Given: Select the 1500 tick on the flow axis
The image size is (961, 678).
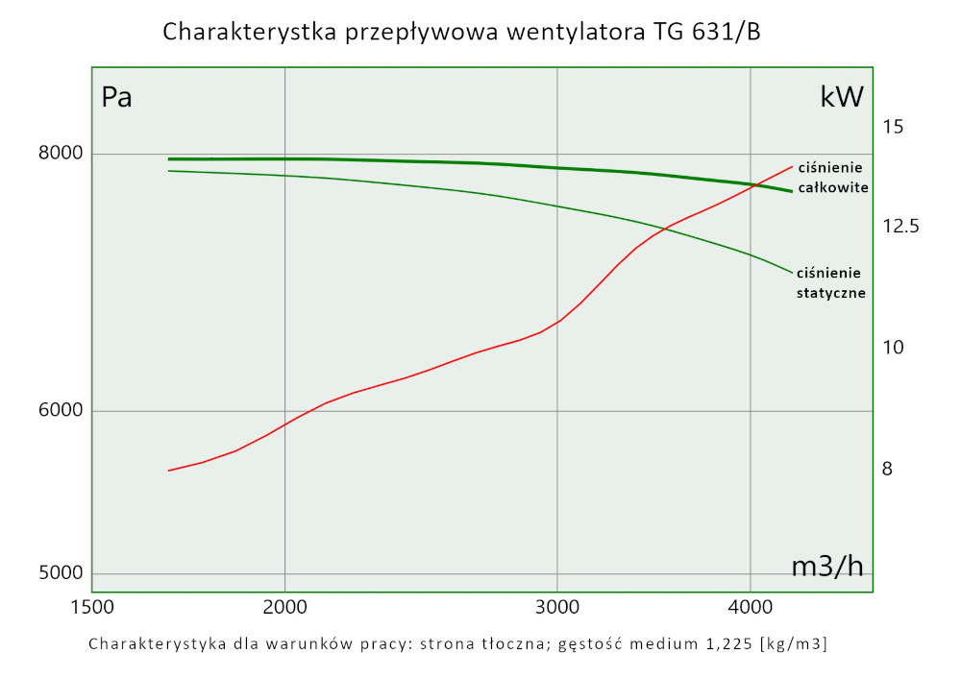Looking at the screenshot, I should (92, 608).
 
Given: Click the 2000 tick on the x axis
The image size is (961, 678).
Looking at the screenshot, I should (284, 608).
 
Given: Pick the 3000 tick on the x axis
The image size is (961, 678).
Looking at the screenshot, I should (558, 608).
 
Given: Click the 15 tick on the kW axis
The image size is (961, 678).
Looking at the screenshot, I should (894, 127).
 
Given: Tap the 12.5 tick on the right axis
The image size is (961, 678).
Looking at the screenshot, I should (900, 227).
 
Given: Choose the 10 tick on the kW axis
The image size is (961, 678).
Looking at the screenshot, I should (894, 347).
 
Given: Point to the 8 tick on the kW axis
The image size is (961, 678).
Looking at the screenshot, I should (888, 470).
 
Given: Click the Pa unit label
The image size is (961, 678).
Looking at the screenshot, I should (116, 98).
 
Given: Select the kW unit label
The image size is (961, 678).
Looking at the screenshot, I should (842, 97).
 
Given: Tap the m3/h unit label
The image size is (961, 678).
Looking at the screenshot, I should (826, 567).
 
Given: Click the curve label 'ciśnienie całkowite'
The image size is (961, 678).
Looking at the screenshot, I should (833, 178).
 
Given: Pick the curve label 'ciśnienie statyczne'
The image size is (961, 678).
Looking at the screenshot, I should (831, 282).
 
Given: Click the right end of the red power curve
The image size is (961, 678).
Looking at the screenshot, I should (793, 166).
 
